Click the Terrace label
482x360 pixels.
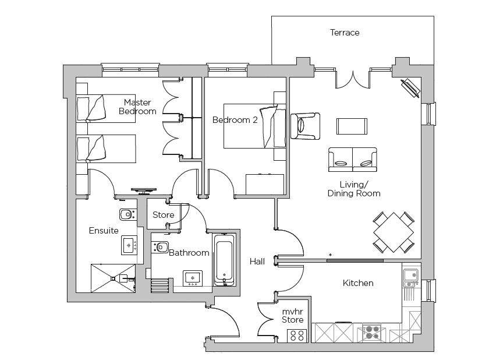345,33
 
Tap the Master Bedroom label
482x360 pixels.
137,107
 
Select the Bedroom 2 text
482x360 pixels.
235,120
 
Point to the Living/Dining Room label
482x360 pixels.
353,189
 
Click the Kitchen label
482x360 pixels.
357,283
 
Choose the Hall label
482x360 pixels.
257,262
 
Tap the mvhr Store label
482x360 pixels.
293,315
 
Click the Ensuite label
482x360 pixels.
104,231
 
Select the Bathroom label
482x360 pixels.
189,253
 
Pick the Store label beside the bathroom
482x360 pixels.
163,215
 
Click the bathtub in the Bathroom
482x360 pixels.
225,260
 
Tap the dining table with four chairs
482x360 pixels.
394,232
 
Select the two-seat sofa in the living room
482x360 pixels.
352,159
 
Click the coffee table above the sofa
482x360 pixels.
352,126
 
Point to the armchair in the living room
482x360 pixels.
306,126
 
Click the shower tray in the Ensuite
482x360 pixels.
112,278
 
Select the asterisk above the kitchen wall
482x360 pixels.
331,255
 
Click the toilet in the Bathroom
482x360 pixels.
160,246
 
